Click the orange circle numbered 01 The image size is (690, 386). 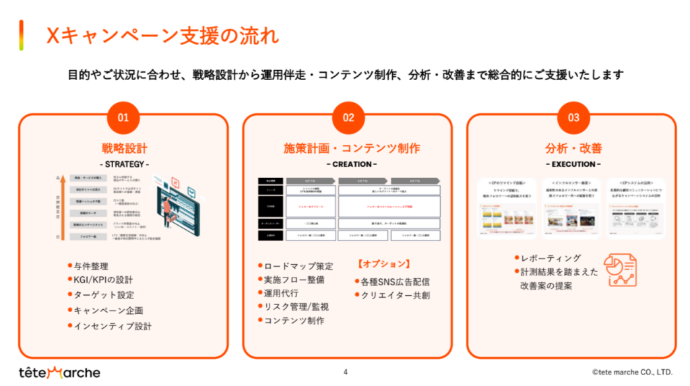tap(123, 117)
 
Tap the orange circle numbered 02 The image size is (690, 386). tap(348, 117)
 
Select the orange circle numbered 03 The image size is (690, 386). tap(573, 117)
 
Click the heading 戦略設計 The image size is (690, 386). tap(124, 148)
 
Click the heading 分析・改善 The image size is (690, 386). tap(573, 148)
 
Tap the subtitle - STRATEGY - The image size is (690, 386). tap(124, 164)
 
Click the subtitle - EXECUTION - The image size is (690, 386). tap(573, 164)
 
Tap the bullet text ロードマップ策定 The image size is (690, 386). tap(298, 266)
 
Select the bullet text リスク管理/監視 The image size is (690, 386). tap(297, 307)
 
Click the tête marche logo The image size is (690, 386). tap(59, 372)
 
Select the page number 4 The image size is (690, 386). tap(346, 371)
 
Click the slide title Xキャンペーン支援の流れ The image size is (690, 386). tap(162, 35)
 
